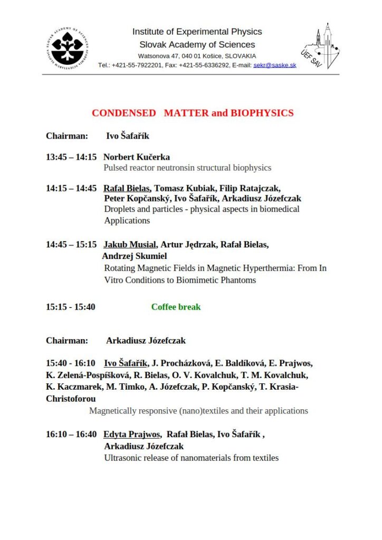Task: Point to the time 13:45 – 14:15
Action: click(x=71, y=157)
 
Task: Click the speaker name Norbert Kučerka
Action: click(x=137, y=157)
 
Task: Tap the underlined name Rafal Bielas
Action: click(x=127, y=188)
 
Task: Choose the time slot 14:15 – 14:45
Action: click(x=71, y=188)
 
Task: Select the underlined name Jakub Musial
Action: click(x=130, y=244)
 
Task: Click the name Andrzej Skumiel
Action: click(x=135, y=256)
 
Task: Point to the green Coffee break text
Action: click(x=176, y=306)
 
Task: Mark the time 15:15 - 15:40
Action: click(x=71, y=306)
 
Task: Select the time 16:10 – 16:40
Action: click(x=71, y=434)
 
